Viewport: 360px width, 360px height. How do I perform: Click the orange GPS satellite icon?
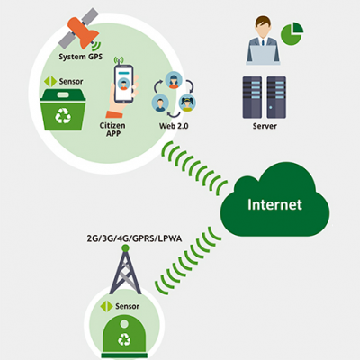[x=78, y=30]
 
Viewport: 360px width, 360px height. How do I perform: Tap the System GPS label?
[x=80, y=57]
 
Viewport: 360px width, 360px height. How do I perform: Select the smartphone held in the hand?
[x=123, y=84]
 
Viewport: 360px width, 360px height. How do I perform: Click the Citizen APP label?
[x=112, y=130]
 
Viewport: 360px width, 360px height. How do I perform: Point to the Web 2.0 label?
[x=174, y=126]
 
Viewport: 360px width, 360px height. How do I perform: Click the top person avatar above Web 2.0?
[x=174, y=80]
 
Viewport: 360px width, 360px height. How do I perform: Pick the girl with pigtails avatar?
[x=187, y=103]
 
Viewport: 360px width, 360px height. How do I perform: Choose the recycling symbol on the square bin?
[x=63, y=115]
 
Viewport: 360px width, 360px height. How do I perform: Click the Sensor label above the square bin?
[x=71, y=82]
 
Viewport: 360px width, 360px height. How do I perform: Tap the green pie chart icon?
[x=292, y=33]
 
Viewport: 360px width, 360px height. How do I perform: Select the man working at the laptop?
[x=263, y=40]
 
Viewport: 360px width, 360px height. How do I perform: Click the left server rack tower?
[x=252, y=97]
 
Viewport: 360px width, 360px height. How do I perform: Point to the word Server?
[x=265, y=126]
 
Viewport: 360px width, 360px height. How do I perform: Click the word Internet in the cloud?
[x=274, y=204]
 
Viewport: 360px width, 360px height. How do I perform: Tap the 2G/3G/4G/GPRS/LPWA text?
[x=134, y=238]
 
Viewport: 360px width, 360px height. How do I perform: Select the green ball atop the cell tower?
[x=125, y=248]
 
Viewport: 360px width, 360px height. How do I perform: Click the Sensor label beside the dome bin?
[x=128, y=306]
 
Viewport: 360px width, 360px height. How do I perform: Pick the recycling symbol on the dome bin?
[x=124, y=339]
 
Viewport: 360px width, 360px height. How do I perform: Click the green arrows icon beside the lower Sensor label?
[x=106, y=306]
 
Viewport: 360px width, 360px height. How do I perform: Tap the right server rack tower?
[x=276, y=97]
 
